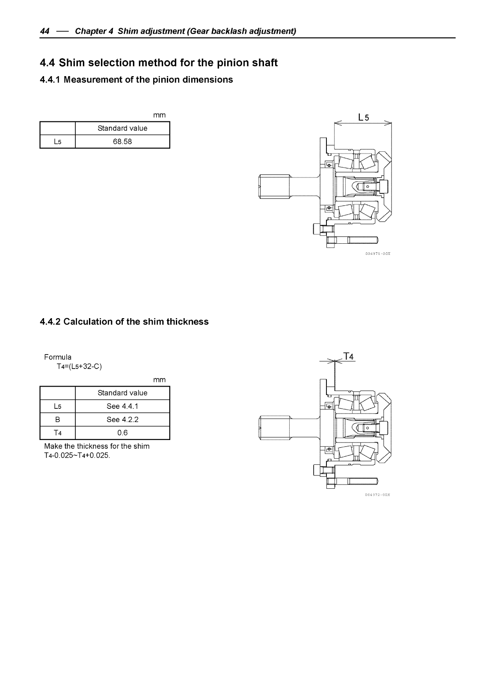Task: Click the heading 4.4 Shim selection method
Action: (x=159, y=63)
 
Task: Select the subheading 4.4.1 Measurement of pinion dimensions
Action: (x=136, y=80)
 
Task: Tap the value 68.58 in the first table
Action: (x=122, y=142)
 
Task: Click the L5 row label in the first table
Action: (x=57, y=142)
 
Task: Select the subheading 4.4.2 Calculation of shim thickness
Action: (x=124, y=322)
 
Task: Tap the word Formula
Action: (x=58, y=357)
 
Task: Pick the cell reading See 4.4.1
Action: (x=122, y=406)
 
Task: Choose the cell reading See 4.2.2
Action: (x=122, y=419)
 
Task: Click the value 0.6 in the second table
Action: (x=122, y=433)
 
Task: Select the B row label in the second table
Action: (x=57, y=419)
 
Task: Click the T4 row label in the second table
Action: (x=57, y=433)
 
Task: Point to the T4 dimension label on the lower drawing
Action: (x=349, y=356)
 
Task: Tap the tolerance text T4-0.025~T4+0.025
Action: (x=77, y=455)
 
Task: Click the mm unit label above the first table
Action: (x=159, y=115)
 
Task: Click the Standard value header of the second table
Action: (x=122, y=393)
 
